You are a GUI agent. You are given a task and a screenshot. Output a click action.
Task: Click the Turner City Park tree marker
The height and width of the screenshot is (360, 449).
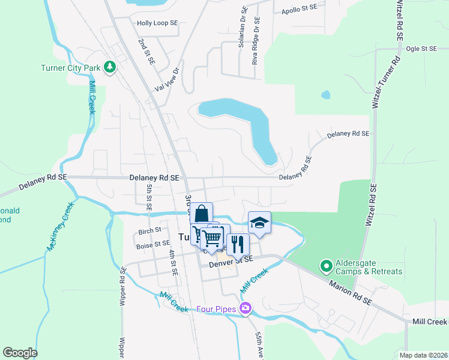click(109, 67)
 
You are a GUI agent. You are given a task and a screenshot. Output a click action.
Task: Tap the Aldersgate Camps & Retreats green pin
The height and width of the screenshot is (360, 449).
click(326, 265)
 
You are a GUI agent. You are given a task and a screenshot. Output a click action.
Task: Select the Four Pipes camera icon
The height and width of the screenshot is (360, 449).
click(245, 308)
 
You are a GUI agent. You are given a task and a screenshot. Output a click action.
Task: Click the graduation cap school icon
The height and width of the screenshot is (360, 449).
click(259, 223)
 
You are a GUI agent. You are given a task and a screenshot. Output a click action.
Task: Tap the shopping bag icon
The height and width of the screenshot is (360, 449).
click(202, 214)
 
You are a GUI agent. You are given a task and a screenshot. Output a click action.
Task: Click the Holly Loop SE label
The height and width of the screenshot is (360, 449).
click(157, 23)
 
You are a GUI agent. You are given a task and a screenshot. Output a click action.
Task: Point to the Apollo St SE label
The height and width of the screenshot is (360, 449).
click(299, 10)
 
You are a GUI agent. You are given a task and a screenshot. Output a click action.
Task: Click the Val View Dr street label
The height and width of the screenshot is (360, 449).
click(167, 79)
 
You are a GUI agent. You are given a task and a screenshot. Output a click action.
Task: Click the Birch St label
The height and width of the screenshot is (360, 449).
click(150, 230)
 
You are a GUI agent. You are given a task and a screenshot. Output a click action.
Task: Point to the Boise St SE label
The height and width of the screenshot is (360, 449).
click(153, 244)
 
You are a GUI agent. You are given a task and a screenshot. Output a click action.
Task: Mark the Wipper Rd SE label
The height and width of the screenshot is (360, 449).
click(122, 286)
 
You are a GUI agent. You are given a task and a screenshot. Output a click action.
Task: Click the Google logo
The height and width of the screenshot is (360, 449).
click(20, 353)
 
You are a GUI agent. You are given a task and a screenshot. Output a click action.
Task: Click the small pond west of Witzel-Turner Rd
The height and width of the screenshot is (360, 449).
click(325, 95)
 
